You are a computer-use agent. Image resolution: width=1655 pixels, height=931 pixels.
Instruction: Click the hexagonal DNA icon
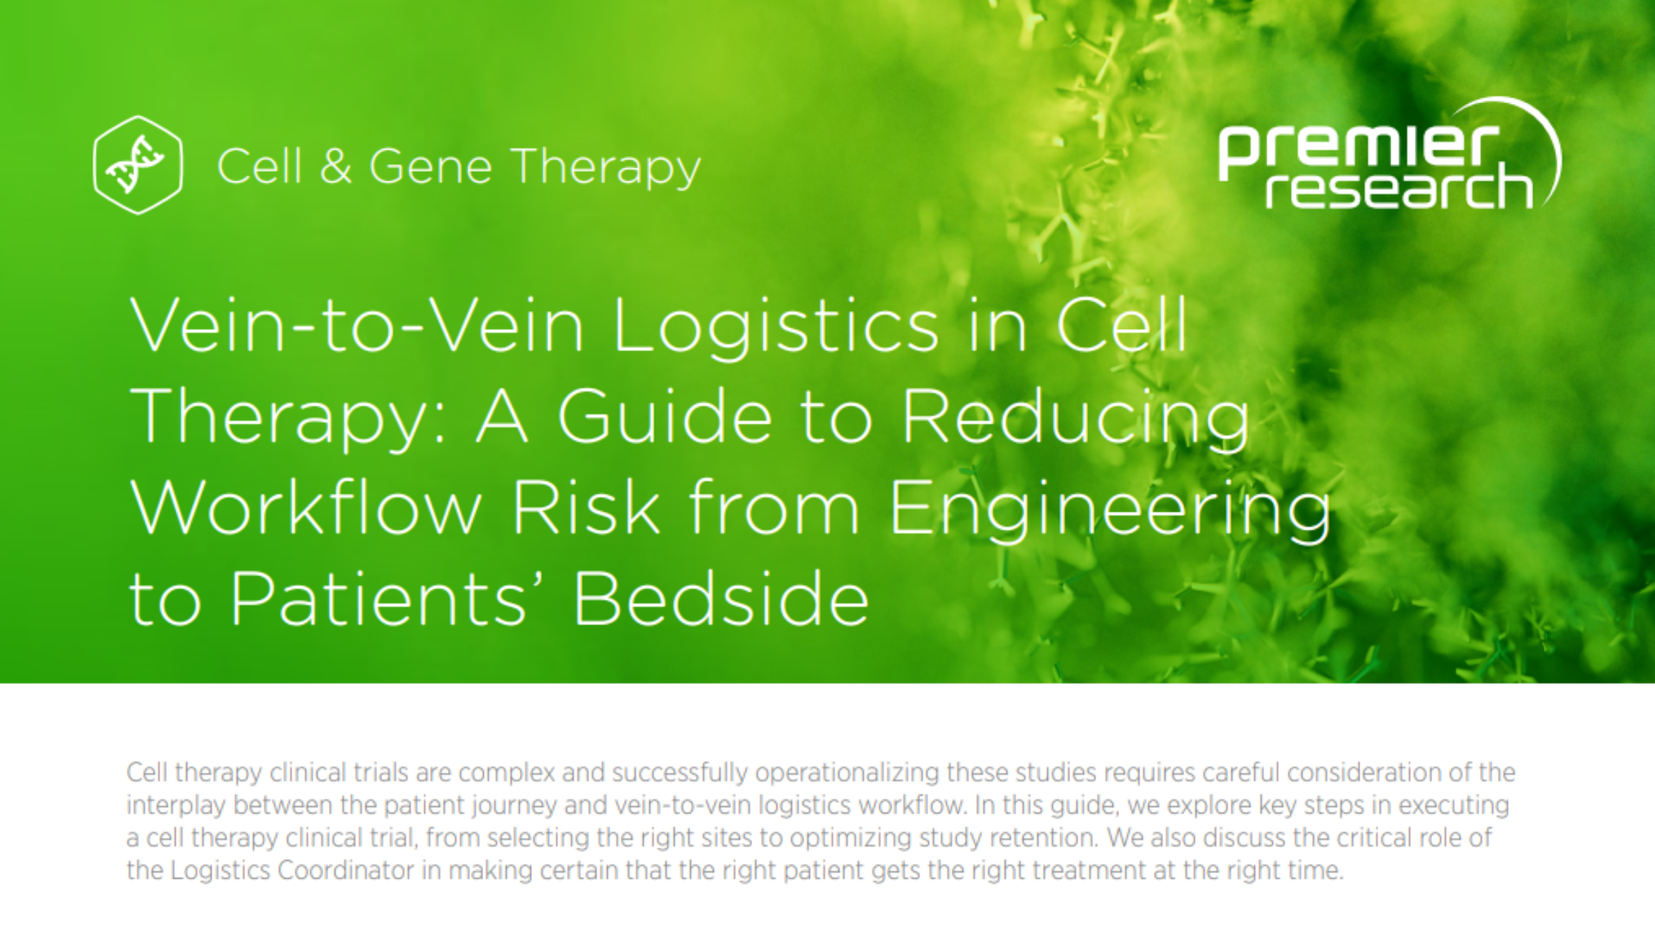coord(138,165)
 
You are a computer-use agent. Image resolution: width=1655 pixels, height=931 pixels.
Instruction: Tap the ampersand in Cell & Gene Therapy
coord(335,166)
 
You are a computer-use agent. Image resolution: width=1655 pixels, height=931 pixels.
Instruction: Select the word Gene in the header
coord(430,166)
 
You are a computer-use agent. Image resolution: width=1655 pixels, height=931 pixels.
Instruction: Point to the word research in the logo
coord(1398,188)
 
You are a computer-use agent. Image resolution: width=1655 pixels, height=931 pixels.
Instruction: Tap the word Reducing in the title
coord(1075,419)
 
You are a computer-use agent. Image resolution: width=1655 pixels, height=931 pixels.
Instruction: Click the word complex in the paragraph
coord(507,773)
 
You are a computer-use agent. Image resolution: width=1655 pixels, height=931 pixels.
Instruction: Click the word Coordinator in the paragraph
coord(345,871)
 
